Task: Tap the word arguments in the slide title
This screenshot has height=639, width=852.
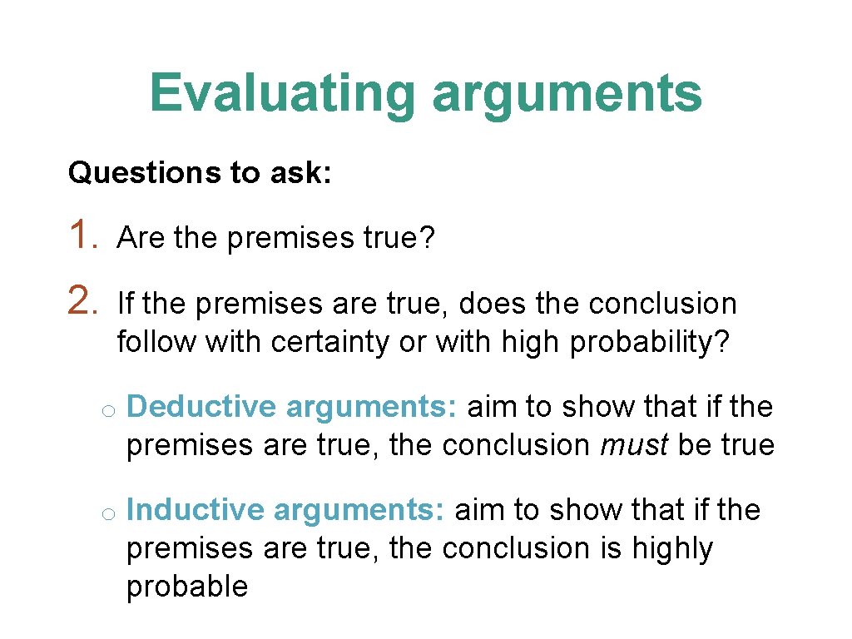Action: pyautogui.click(x=567, y=94)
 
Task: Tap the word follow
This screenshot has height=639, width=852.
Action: pyautogui.click(x=156, y=341)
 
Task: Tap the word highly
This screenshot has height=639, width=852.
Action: pyautogui.click(x=672, y=548)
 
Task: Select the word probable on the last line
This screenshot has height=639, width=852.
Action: pyautogui.click(x=187, y=587)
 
